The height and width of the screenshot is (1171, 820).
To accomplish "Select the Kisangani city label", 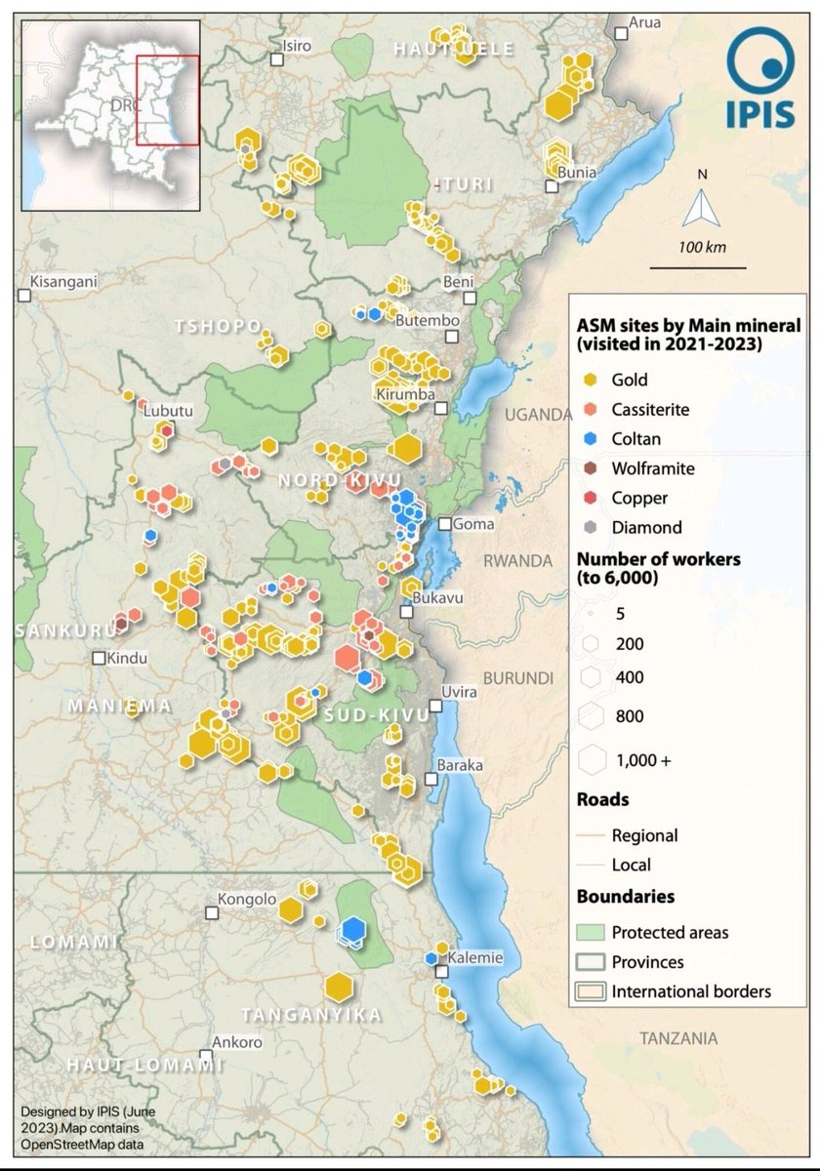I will pos(63,283).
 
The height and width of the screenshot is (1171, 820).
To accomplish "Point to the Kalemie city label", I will pos(475,957).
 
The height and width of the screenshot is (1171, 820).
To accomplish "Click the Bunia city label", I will pos(577,173).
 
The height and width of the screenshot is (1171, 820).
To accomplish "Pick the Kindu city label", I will pos(128,658).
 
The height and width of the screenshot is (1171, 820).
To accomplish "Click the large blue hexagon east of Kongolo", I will pos(353,928).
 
